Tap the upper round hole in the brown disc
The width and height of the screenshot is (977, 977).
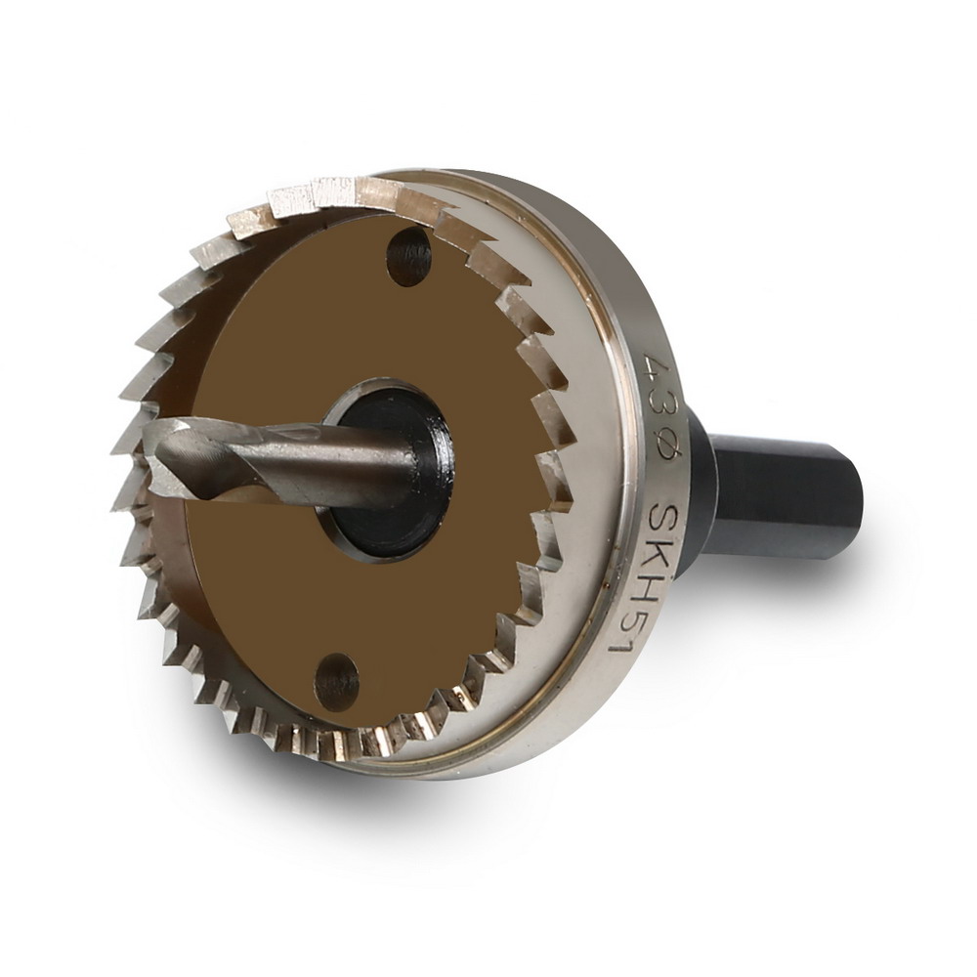click(x=409, y=257)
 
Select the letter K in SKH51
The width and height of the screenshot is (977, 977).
click(x=656, y=557)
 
